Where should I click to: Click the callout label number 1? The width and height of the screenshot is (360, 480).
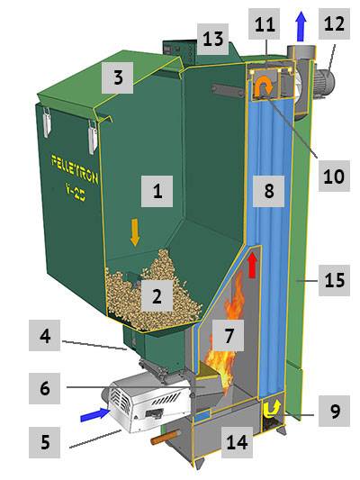point(158,191)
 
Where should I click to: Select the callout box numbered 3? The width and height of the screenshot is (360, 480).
point(117,78)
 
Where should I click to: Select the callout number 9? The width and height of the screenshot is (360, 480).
point(335,413)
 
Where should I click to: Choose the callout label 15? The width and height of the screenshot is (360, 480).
point(333,282)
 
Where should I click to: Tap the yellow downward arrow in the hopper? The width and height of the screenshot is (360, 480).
point(135,232)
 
